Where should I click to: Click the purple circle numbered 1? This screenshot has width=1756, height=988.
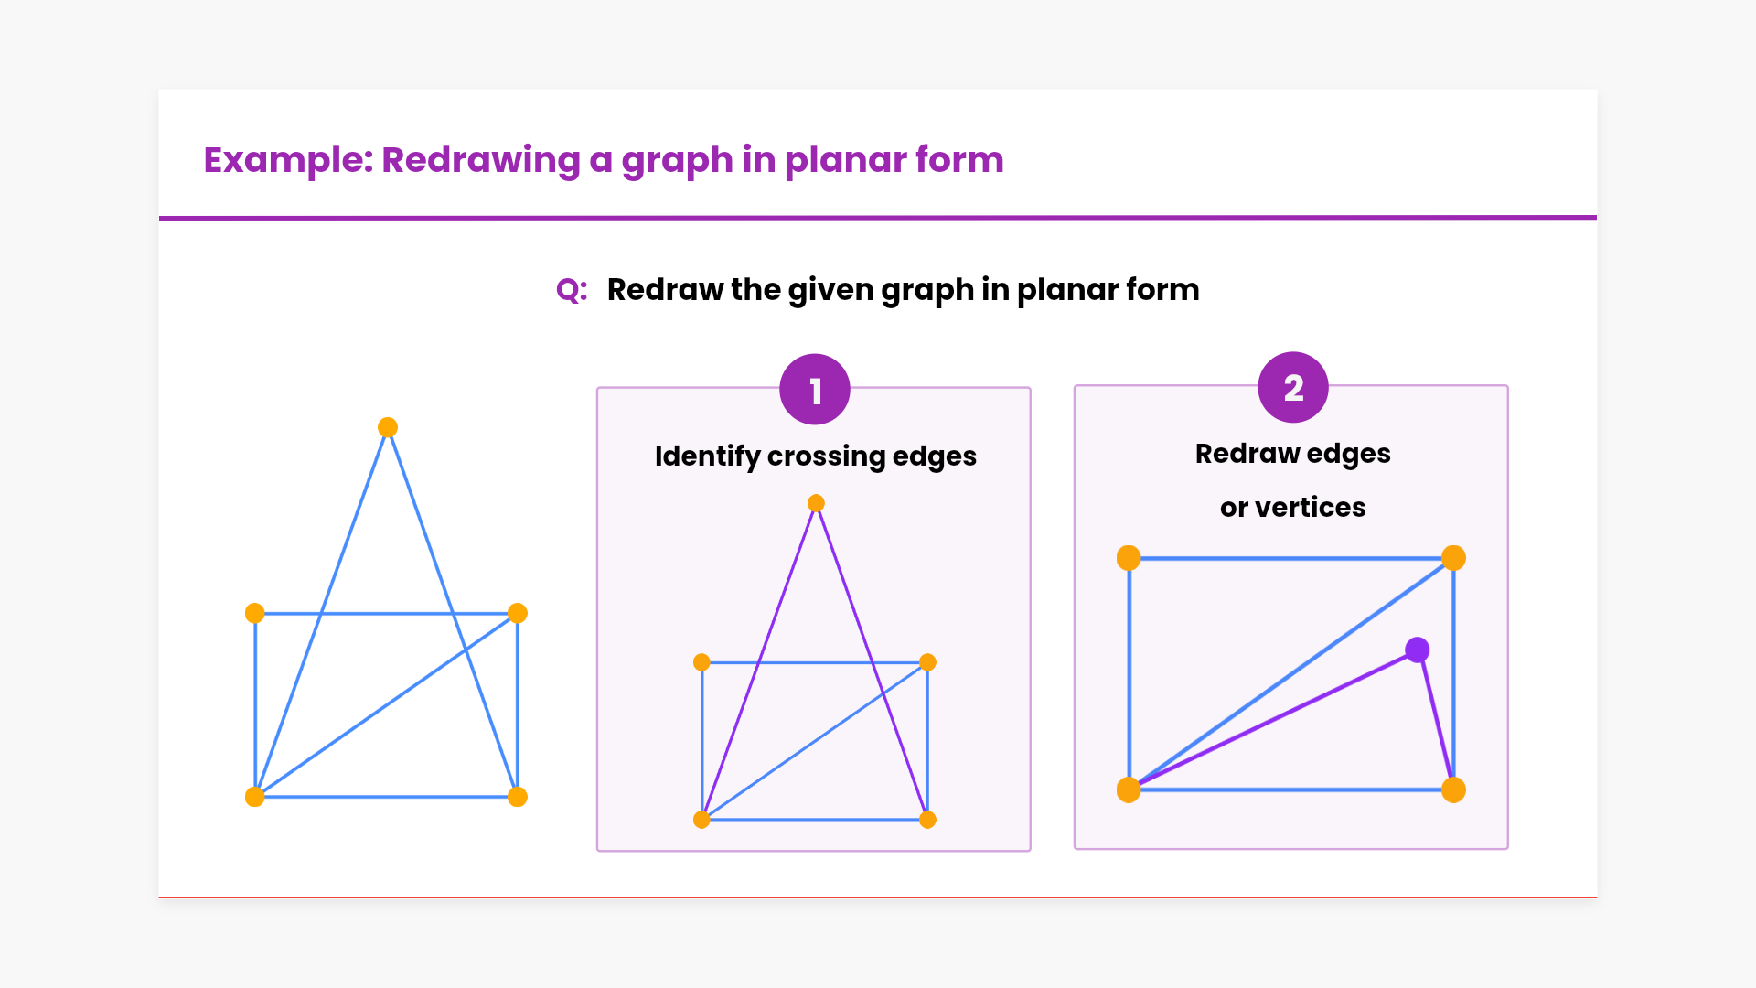(x=815, y=390)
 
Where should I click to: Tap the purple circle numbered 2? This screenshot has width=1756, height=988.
(x=1293, y=388)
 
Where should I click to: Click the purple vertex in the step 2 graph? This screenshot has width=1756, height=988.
(x=1417, y=650)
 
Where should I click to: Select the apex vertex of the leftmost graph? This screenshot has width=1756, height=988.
(x=388, y=427)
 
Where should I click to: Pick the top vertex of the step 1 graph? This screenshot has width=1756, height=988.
(x=816, y=503)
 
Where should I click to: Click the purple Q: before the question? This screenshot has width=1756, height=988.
(x=572, y=290)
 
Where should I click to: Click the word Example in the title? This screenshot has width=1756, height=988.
(x=287, y=160)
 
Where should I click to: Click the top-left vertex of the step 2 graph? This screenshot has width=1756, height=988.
(x=1129, y=558)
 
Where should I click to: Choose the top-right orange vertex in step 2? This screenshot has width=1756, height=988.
(x=1453, y=558)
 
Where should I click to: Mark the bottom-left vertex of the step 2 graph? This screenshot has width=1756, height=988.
(x=1129, y=789)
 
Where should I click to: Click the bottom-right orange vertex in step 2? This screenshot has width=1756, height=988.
(x=1453, y=789)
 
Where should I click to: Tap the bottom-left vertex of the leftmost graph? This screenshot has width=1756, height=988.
(x=255, y=797)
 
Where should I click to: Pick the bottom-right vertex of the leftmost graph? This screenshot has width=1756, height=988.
(x=518, y=797)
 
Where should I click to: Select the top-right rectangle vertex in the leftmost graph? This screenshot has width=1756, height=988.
(x=518, y=613)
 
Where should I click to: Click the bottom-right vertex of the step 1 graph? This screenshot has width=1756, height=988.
(x=927, y=820)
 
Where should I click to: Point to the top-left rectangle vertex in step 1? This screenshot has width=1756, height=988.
(x=701, y=662)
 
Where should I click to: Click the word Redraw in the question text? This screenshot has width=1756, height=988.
(x=665, y=290)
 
